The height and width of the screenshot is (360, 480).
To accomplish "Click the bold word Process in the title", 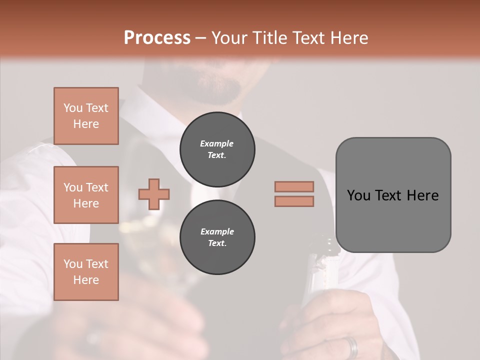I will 157,38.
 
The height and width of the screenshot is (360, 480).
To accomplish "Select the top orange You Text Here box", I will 86,116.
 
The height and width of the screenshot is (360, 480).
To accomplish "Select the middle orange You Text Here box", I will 86,195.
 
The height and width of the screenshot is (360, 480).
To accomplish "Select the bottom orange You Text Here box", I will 86,272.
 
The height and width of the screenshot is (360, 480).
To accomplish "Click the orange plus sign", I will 154,194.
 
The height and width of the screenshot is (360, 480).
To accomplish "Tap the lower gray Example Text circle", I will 217,237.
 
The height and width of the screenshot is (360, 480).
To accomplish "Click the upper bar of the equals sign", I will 294,186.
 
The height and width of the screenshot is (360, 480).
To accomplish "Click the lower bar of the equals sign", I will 294,201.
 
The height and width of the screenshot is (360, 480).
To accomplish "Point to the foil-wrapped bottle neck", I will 320,260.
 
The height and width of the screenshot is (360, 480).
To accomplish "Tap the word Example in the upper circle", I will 217,143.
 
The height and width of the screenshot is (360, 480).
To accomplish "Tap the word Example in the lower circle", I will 217,231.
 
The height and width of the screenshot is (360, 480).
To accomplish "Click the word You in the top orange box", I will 72,108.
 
